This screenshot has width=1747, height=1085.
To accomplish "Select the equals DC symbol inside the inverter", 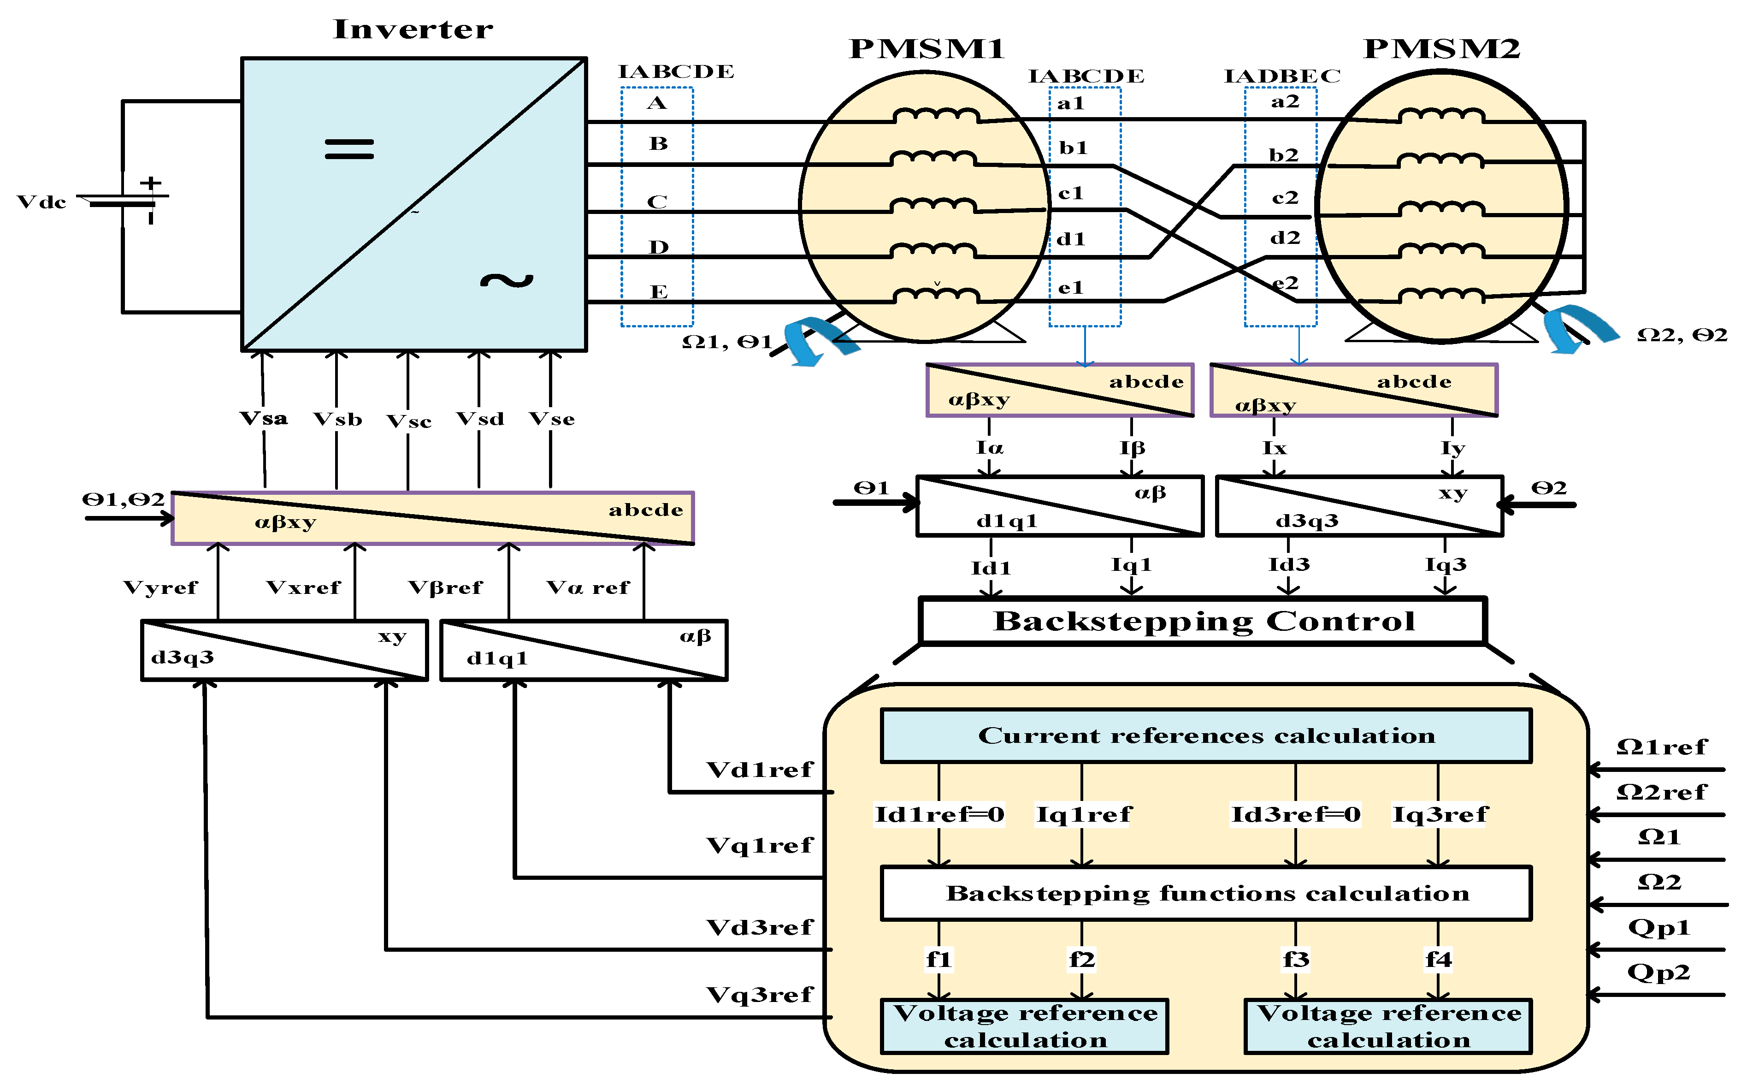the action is click(x=349, y=148).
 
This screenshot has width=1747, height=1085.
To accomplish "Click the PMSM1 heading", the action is click(x=927, y=49).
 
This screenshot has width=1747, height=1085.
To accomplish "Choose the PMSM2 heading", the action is click(x=1441, y=49).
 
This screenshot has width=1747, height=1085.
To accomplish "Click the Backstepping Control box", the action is click(x=1203, y=621).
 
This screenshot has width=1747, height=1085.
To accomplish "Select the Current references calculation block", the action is click(x=1206, y=735).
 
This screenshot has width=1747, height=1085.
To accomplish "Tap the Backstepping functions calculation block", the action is click(x=1206, y=893).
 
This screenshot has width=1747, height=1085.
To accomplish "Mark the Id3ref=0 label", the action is click(x=1295, y=814).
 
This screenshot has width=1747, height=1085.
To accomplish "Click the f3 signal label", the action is click(x=1296, y=960).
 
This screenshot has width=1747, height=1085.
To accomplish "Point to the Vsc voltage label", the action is click(x=409, y=421).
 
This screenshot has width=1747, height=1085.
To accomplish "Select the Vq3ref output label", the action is click(x=760, y=995).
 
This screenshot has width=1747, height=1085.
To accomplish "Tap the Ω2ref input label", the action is click(x=1661, y=792).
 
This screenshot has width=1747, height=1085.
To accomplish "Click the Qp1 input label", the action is click(x=1659, y=928).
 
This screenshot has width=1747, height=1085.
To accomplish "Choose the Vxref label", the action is click(x=303, y=588).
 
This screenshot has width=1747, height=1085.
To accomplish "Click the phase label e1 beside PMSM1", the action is click(x=1071, y=288).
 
